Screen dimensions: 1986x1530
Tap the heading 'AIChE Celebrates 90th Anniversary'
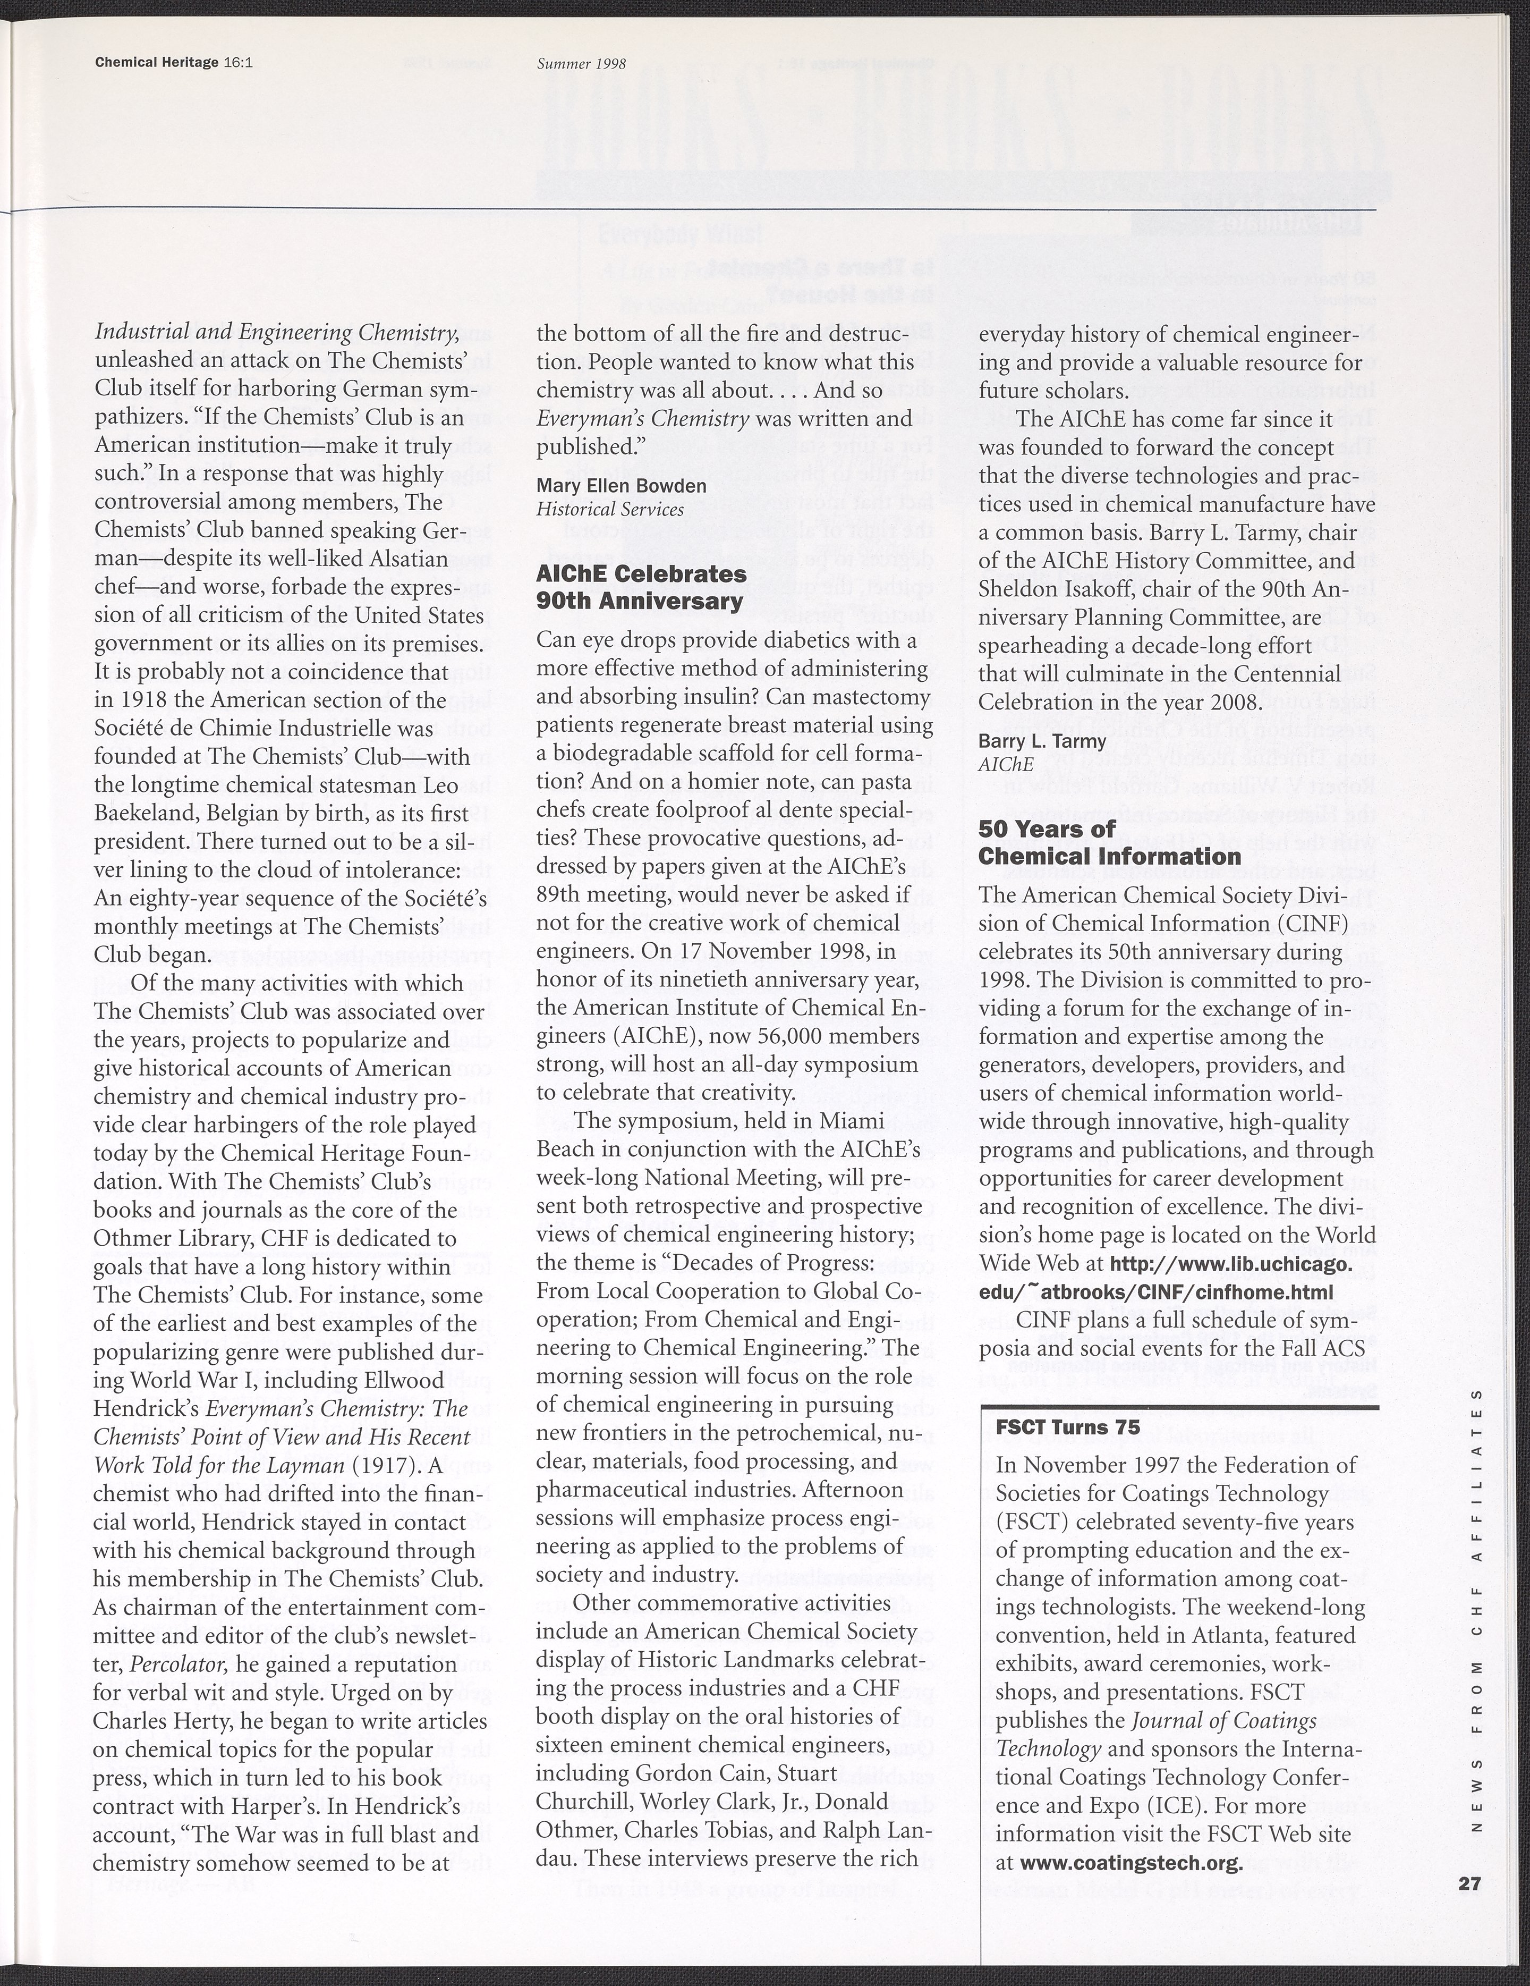[x=640, y=587]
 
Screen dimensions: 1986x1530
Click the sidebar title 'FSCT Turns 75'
[x=1067, y=1427]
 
